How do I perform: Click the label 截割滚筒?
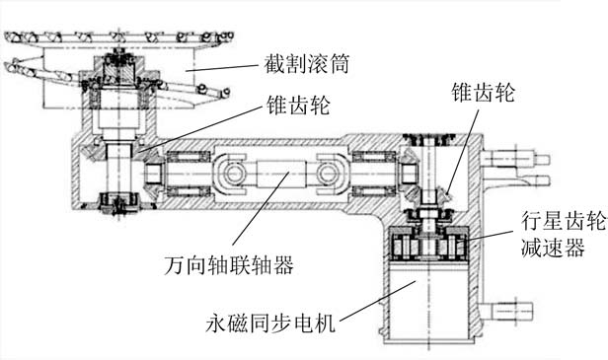pyautogui.click(x=307, y=63)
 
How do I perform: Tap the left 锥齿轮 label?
pyautogui.click(x=298, y=106)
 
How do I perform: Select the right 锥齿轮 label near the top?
pyautogui.click(x=484, y=93)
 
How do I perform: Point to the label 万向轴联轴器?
pyautogui.click(x=229, y=265)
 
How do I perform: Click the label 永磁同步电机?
pyautogui.click(x=270, y=323)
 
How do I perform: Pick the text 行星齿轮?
pyautogui.click(x=563, y=221)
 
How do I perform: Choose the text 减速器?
pyautogui.click(x=553, y=247)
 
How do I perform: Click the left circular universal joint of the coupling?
pyautogui.click(x=234, y=174)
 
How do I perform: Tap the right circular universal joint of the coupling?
pyautogui.click(x=327, y=174)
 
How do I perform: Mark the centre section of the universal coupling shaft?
pyautogui.click(x=280, y=174)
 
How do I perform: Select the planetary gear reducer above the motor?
pyautogui.click(x=429, y=245)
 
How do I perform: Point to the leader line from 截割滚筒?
pyautogui.click(x=221, y=67)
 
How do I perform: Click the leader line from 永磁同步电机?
pyautogui.click(x=378, y=301)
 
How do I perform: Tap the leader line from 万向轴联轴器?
pyautogui.click(x=261, y=208)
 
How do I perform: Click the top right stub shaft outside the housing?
pyautogui.click(x=515, y=160)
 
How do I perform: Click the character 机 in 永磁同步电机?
pyautogui.click(x=325, y=323)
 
